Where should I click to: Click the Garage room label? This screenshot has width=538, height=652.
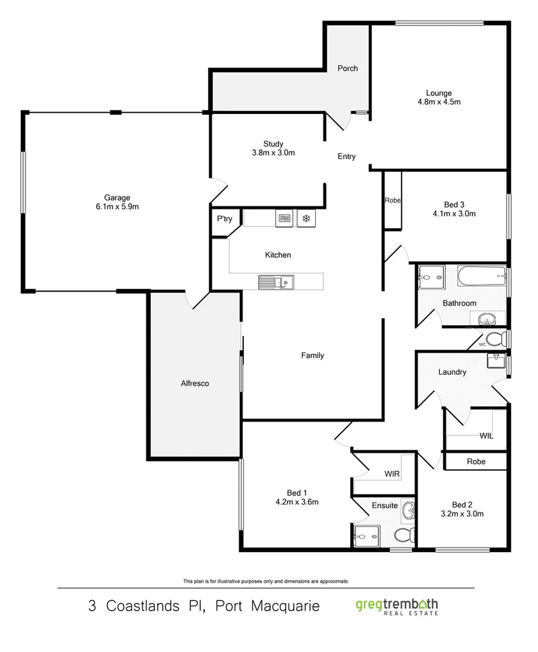117,197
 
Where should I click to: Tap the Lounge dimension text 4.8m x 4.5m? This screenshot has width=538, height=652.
439,102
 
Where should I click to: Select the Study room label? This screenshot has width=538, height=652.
273,144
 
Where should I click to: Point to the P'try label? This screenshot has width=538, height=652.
224,219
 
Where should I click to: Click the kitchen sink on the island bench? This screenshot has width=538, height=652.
275,281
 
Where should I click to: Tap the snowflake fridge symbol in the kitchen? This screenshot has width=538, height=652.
306,218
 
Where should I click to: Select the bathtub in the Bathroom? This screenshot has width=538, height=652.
481,276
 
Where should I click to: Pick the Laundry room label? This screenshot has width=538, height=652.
452,372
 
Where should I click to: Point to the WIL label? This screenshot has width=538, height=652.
486,436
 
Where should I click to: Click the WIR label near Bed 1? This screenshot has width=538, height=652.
392,474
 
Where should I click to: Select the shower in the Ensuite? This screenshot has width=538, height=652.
365,535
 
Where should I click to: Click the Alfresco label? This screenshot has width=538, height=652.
195,383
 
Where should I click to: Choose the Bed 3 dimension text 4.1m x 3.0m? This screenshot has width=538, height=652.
454,214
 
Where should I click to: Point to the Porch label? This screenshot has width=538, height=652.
348,68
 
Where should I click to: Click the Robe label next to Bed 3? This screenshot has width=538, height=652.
392,200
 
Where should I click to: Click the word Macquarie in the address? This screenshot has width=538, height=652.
283,606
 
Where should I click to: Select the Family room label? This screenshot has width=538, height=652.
313,355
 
